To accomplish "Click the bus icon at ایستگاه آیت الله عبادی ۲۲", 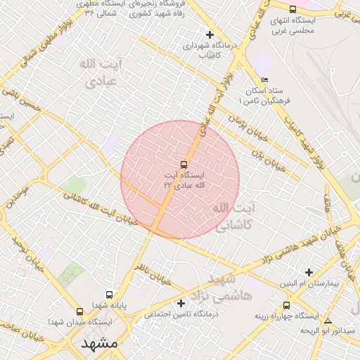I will (185, 164).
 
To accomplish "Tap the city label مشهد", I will (99, 344).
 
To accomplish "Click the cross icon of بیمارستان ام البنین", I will (309, 272).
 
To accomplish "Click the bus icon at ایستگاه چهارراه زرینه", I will (286, 305).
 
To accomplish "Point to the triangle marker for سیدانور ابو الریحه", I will (328, 321).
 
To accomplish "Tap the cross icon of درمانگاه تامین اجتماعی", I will (181, 303).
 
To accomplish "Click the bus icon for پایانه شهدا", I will (109, 295).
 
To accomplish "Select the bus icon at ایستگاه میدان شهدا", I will (79, 311).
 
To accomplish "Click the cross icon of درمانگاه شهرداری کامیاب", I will (209, 34).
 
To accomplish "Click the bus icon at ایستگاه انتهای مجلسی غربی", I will (292, 9).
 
